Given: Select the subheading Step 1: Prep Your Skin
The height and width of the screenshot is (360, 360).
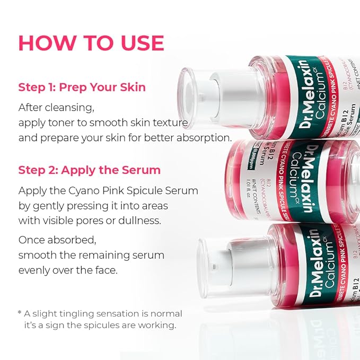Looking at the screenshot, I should [82, 87].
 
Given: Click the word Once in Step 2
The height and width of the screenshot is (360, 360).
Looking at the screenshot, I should [31, 240].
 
